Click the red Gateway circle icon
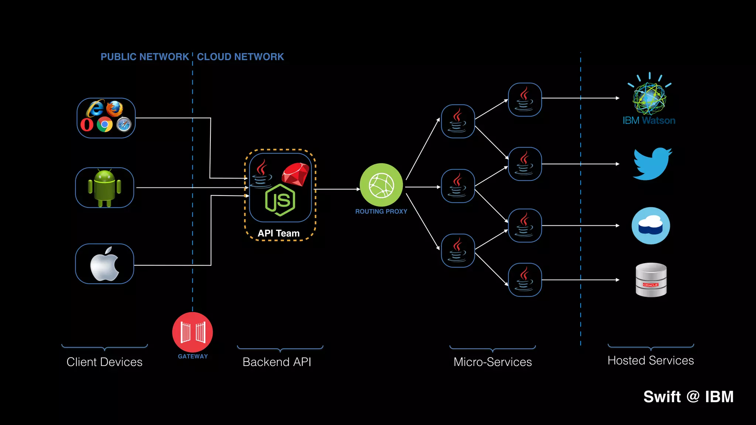[x=192, y=332]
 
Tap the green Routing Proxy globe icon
[x=381, y=185]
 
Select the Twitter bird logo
[x=652, y=164]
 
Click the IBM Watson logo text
[x=649, y=121]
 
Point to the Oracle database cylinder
[x=651, y=280]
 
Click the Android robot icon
[x=104, y=188]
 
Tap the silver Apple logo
[x=104, y=264]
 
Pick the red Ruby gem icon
[x=296, y=174]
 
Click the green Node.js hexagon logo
[x=280, y=200]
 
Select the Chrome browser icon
[x=104, y=125]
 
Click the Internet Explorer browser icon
[x=95, y=109]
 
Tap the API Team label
[x=278, y=233]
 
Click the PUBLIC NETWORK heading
[x=145, y=57]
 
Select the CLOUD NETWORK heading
[x=240, y=57]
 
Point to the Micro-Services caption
[x=492, y=362]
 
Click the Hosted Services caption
[x=650, y=360]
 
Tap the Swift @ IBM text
[x=688, y=397]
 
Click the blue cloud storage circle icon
[x=651, y=225]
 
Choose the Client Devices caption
[x=104, y=362]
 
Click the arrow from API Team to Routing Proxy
[x=337, y=189]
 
